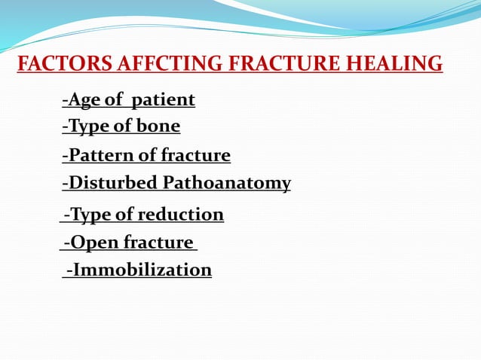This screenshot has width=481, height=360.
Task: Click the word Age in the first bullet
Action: (x=82, y=99)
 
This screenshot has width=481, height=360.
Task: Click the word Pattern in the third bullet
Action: (x=97, y=156)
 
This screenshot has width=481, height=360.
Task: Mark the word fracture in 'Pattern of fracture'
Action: (x=196, y=156)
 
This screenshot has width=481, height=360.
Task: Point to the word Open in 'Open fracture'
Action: (x=93, y=243)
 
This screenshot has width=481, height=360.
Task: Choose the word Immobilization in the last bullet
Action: (x=142, y=270)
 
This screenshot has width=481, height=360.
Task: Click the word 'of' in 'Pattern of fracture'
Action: (x=148, y=156)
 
